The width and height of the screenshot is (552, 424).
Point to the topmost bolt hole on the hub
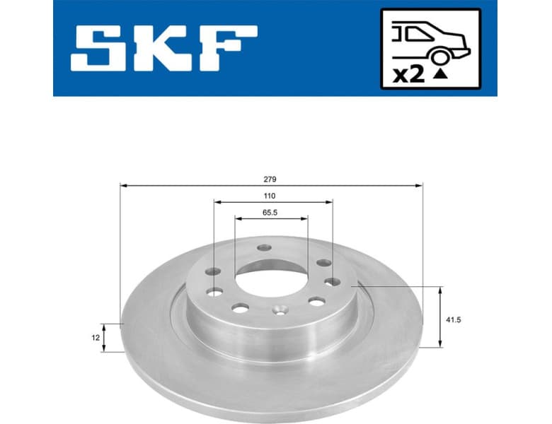pyautogui.click(x=265, y=248)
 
